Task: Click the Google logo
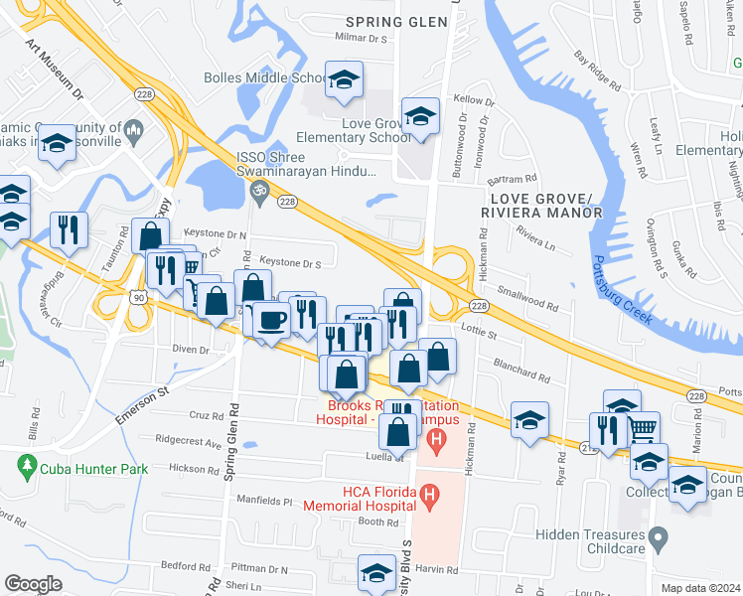point(33,584)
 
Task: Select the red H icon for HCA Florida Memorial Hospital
point(429,493)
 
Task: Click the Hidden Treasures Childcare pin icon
point(657,541)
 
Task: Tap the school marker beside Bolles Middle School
point(344,79)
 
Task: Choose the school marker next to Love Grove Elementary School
point(420,116)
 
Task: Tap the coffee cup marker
point(272,319)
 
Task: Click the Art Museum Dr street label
point(55,70)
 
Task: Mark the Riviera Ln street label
point(535,241)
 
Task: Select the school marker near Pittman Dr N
point(377,573)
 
